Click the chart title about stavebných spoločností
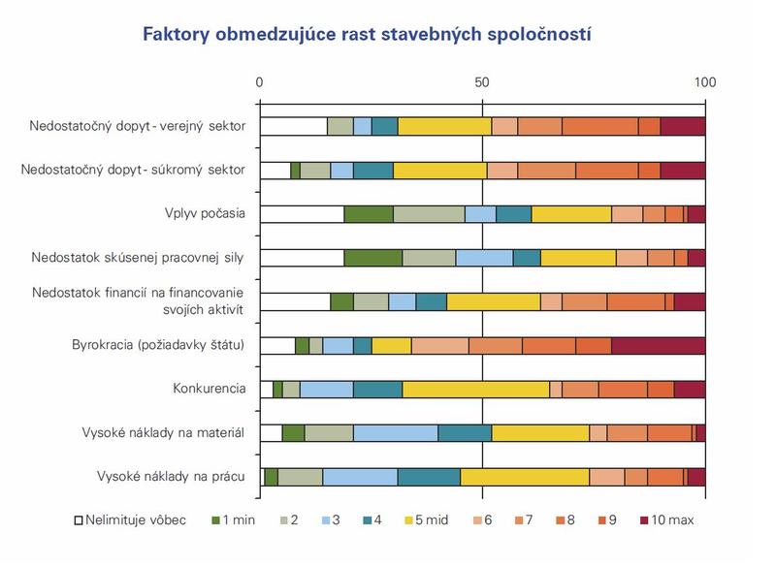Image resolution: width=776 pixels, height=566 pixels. pyautogui.click(x=367, y=35)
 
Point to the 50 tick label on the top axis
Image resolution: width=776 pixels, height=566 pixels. pyautogui.click(x=482, y=82)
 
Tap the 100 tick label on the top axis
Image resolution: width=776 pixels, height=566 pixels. pyautogui.click(x=704, y=82)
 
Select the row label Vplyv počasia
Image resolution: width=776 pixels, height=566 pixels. pyautogui.click(x=205, y=214)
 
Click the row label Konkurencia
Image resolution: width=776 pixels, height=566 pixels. pyautogui.click(x=209, y=389)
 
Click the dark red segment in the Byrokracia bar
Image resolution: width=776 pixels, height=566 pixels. pyautogui.click(x=658, y=346)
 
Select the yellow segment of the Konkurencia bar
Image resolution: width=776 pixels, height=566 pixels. pyautogui.click(x=475, y=390)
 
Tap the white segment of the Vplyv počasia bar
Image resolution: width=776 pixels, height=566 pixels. pyautogui.click(x=302, y=214)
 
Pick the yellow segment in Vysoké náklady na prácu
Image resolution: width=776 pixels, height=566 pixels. pyautogui.click(x=525, y=477)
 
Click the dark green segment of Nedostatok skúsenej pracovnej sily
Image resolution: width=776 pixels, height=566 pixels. pyautogui.click(x=372, y=258)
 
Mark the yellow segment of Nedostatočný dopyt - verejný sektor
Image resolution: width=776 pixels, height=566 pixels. pyautogui.click(x=444, y=127)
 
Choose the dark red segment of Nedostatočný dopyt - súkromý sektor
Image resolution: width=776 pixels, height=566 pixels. pyautogui.click(x=682, y=171)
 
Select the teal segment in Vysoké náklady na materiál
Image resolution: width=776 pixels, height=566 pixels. pyautogui.click(x=465, y=433)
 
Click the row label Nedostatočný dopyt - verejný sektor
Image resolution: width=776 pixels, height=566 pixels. pyautogui.click(x=137, y=127)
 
